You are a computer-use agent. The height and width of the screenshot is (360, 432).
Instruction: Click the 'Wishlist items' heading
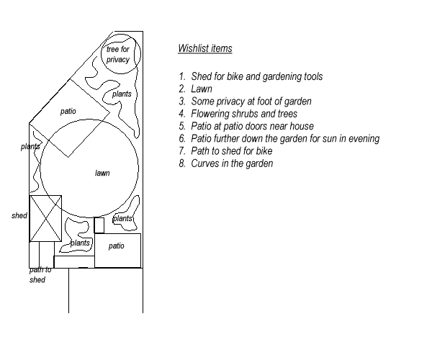point(205,49)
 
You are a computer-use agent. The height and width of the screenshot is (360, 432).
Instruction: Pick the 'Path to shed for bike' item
point(231,151)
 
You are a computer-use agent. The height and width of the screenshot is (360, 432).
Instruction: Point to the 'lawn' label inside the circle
point(102,173)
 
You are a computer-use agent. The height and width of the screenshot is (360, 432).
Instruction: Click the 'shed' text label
point(19,215)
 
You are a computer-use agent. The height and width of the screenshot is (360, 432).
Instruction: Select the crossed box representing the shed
point(45,218)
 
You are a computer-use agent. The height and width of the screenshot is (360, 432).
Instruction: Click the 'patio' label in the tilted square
point(68,112)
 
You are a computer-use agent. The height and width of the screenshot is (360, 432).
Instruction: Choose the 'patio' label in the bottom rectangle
point(117,246)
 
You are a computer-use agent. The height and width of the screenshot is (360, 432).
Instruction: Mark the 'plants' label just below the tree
point(121,94)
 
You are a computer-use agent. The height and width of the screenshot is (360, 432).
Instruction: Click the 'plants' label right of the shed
point(80,243)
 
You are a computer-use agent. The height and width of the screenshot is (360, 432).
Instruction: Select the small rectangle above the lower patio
point(99,225)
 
